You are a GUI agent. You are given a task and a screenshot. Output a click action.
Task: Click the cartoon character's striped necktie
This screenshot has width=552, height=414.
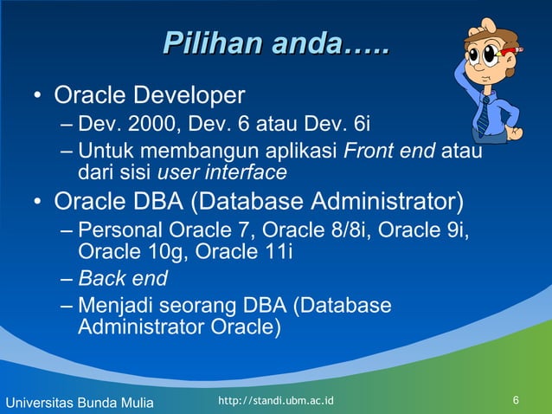[x=485, y=113]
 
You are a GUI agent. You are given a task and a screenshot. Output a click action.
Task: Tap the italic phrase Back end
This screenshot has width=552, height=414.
[x=123, y=279]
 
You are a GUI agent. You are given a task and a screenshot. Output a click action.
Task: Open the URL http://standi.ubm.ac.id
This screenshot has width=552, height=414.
[x=277, y=400]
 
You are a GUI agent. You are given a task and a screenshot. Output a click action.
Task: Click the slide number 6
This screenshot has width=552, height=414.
[x=516, y=400]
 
